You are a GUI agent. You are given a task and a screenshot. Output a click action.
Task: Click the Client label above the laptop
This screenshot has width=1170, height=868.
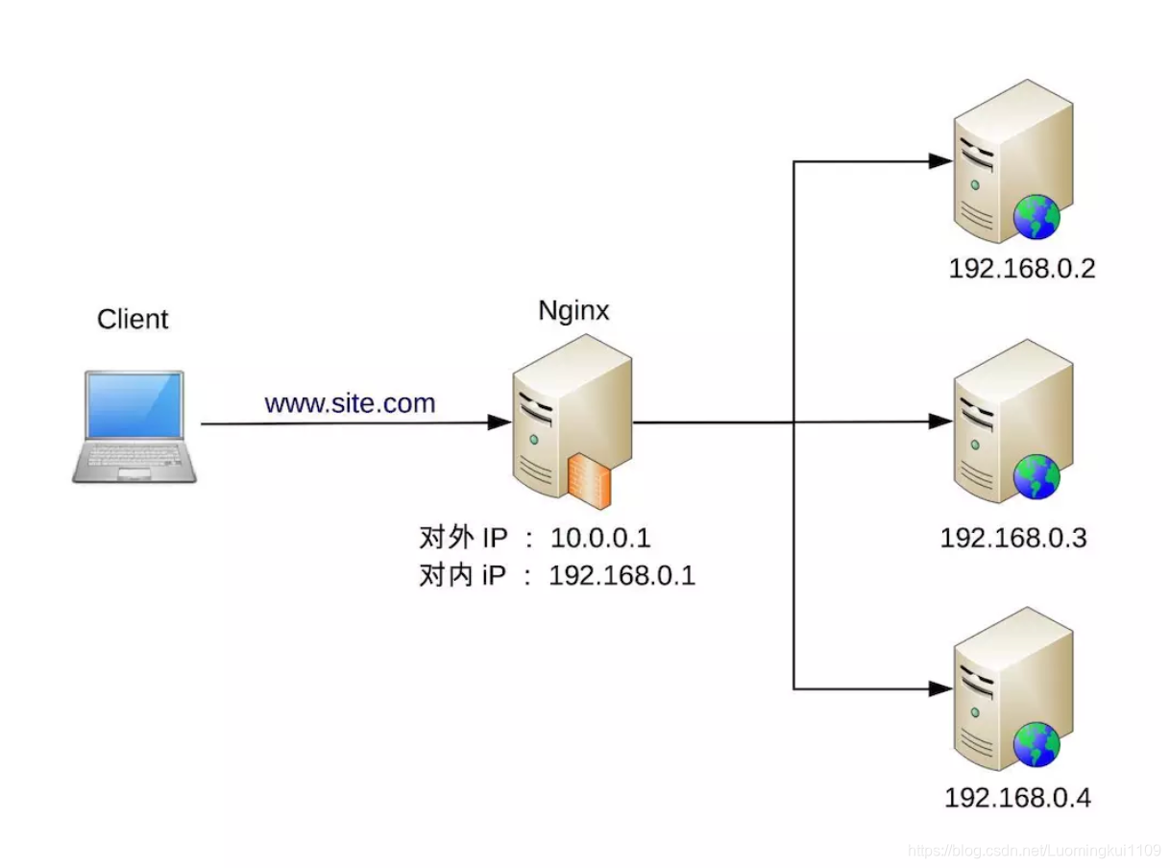click(x=133, y=319)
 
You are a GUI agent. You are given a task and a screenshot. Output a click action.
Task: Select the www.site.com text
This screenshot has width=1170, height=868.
click(x=350, y=403)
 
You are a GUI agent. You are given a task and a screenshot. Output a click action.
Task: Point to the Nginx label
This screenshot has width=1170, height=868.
click(x=573, y=311)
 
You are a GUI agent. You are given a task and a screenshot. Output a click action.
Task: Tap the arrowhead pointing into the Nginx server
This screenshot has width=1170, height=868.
click(x=499, y=422)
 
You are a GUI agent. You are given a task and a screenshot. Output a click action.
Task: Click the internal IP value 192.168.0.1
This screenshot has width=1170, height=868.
click(x=622, y=576)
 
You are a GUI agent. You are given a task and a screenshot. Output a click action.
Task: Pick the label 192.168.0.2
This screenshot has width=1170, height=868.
click(x=1022, y=268)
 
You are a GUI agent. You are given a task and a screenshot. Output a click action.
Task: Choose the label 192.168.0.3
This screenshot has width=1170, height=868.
click(x=1013, y=537)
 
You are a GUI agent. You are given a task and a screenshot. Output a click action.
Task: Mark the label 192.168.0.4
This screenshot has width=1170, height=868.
click(x=1017, y=798)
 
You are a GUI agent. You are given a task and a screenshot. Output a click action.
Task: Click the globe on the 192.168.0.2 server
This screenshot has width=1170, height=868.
click(x=1036, y=217)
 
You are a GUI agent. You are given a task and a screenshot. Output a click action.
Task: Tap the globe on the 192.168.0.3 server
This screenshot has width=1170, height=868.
click(x=1036, y=477)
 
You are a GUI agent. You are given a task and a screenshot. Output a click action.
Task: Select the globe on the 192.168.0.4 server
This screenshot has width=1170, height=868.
click(x=1036, y=744)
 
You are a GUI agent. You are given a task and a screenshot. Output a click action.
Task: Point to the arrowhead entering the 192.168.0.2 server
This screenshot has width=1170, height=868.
click(x=939, y=161)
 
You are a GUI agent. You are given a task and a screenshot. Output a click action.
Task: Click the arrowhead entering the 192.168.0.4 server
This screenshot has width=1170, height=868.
click(x=939, y=688)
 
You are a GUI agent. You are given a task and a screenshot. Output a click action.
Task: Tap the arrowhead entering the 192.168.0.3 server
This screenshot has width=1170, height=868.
click(x=939, y=422)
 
